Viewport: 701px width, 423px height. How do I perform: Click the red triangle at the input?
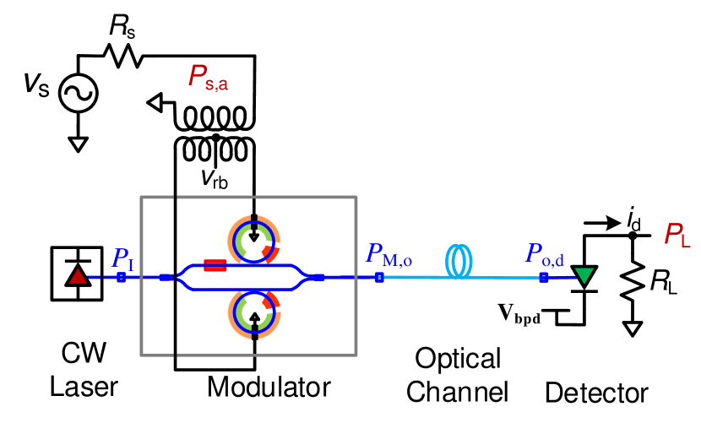click(x=78, y=276)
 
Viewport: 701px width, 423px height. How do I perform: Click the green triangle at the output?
click(x=584, y=275)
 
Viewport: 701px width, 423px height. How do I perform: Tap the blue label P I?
click(x=123, y=258)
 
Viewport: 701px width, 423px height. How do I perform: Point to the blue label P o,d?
click(x=545, y=254)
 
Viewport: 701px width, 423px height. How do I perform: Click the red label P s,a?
click(x=208, y=77)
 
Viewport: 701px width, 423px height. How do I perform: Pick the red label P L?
click(x=677, y=235)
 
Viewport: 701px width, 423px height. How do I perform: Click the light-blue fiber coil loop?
click(x=459, y=261)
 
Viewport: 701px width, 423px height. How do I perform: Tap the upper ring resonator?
click(x=254, y=241)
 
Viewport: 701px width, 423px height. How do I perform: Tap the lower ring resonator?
click(x=254, y=312)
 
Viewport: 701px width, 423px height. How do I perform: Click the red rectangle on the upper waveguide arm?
click(x=215, y=265)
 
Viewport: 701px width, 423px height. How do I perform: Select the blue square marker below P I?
click(x=122, y=277)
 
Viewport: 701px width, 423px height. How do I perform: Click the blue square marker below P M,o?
click(x=379, y=277)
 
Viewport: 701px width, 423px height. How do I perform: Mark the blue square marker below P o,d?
click(x=544, y=277)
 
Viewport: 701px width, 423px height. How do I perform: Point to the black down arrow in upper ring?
click(x=254, y=235)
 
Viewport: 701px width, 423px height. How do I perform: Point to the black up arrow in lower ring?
click(x=254, y=318)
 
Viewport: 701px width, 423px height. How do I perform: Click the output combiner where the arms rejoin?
click(x=306, y=277)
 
